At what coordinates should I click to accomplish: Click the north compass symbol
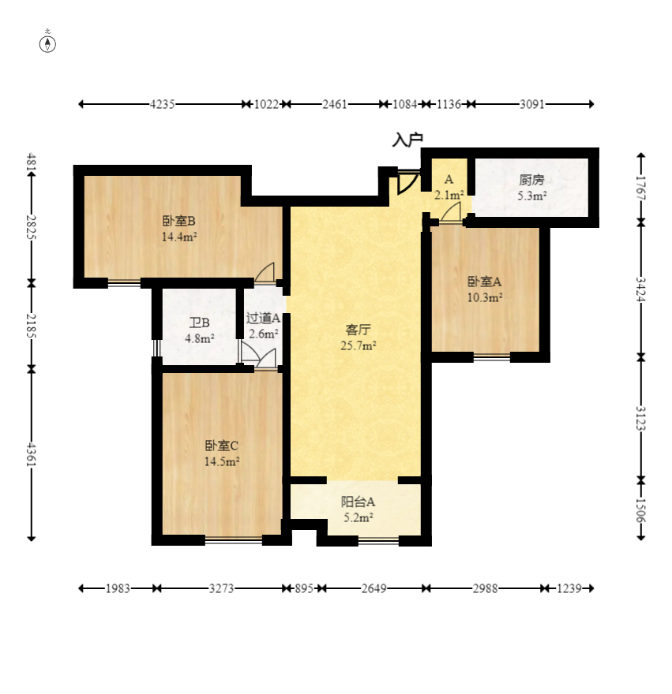click(x=47, y=44)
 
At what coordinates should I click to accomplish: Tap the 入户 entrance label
click(x=407, y=140)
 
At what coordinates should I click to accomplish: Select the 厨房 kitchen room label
click(x=531, y=180)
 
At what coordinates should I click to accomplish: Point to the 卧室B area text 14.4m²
click(x=179, y=237)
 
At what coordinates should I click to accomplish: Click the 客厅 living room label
click(x=359, y=330)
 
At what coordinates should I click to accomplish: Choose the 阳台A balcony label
click(x=359, y=502)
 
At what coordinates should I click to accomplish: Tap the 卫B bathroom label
click(x=200, y=323)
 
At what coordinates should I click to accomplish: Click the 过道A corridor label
click(x=263, y=318)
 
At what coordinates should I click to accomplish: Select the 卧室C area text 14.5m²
click(x=222, y=461)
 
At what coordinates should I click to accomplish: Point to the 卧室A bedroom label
click(x=485, y=281)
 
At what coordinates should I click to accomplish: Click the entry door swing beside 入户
click(x=407, y=183)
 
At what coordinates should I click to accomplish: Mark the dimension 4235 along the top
click(x=162, y=104)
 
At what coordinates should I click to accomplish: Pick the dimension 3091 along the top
click(x=532, y=104)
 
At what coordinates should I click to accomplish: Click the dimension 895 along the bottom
click(x=304, y=588)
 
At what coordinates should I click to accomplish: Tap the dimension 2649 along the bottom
click(x=374, y=588)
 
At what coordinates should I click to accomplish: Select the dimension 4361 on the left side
click(x=31, y=453)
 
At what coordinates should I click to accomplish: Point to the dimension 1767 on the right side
click(x=641, y=188)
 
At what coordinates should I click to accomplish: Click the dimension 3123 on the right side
click(x=641, y=418)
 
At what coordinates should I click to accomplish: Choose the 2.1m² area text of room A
click(x=449, y=195)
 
